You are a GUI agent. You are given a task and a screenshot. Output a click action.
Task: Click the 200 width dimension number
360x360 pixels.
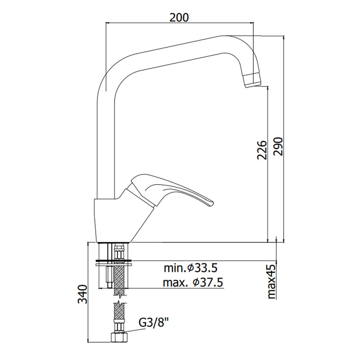[179, 18]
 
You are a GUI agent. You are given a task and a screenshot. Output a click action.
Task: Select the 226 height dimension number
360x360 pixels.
[262, 150]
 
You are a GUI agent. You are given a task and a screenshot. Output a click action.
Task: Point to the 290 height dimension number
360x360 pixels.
[278, 147]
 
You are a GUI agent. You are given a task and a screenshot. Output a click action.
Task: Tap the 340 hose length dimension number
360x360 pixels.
[83, 294]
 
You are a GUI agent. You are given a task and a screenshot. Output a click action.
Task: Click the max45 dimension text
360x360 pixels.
[271, 282]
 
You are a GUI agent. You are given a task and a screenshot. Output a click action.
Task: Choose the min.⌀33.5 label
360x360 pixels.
[190, 268]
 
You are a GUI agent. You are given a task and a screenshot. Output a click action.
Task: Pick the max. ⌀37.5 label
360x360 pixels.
[193, 283]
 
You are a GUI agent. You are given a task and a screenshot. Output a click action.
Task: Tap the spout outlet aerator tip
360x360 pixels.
[253, 80]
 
